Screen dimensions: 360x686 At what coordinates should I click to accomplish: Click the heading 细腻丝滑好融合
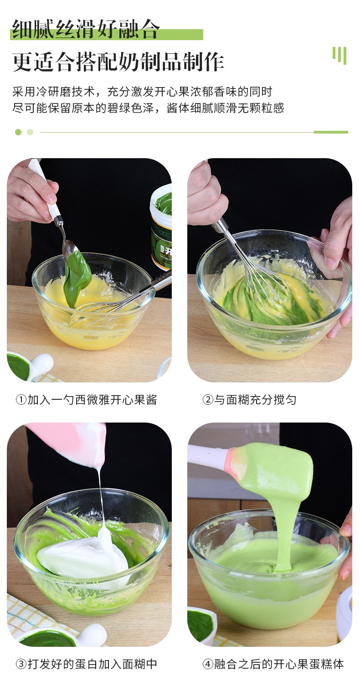pos(86,29)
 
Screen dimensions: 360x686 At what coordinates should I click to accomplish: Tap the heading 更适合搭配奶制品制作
pos(118,62)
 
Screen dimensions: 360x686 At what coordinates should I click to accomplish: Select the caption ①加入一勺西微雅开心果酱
pos(86,400)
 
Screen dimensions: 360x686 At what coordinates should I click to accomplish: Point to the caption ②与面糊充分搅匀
pos(249,400)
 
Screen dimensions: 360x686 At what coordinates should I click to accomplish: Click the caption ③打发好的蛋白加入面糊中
pos(86,664)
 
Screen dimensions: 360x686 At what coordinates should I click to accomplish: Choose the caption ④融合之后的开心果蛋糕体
pos(273,664)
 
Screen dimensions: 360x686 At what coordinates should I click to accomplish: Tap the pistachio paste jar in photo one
pos(161,227)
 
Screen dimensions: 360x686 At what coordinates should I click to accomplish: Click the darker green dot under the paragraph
pos(18,132)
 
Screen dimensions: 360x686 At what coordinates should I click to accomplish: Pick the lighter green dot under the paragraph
pos(30,132)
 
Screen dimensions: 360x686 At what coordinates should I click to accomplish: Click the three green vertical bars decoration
pos(339,56)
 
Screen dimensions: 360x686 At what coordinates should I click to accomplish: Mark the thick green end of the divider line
pos(331,132)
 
